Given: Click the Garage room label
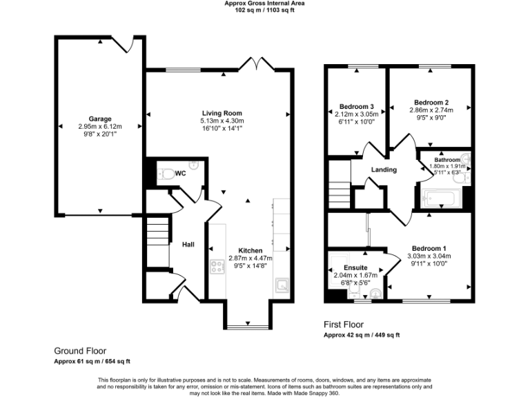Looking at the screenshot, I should point(99,119).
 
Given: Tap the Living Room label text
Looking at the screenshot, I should point(222,113).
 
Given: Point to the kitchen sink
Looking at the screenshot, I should point(282,284).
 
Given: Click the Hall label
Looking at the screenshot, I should point(188,245).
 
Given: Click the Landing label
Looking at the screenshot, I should point(384,170).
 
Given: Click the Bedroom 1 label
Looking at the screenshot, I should point(429,248).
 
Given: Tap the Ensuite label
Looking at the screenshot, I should point(355,267).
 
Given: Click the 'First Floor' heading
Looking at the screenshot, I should point(344,324).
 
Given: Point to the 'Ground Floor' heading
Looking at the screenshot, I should point(80,350).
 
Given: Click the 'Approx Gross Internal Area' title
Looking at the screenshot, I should point(265,3).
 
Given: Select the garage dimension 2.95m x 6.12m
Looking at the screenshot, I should point(99,127).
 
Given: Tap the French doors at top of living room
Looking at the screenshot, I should point(255,65).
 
